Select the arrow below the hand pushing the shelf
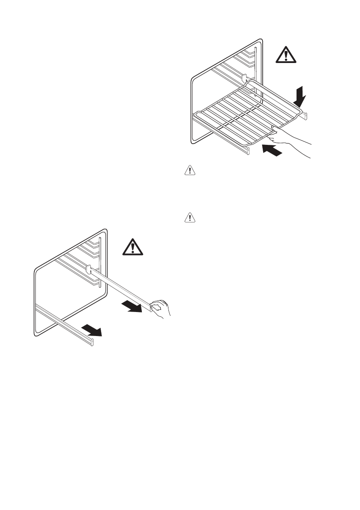tap(273, 150)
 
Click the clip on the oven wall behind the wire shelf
tap(245, 78)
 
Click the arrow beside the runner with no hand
tap(92, 330)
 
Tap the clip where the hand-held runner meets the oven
tap(89, 270)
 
